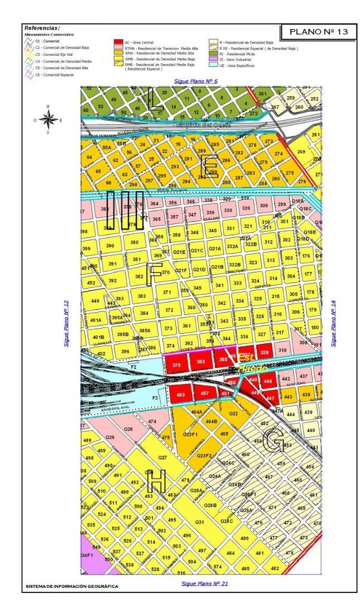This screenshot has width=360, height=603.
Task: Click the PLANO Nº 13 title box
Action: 315,32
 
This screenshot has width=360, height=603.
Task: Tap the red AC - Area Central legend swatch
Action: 117,42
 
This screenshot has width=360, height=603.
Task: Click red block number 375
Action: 177,365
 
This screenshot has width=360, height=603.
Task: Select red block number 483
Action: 180,394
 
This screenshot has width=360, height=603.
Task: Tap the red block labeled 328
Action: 265,353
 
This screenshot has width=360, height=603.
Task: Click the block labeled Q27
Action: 163,457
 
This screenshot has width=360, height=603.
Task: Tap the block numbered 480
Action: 244,538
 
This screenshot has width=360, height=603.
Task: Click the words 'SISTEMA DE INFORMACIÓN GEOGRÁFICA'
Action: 72,587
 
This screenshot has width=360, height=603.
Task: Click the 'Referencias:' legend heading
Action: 42,27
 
